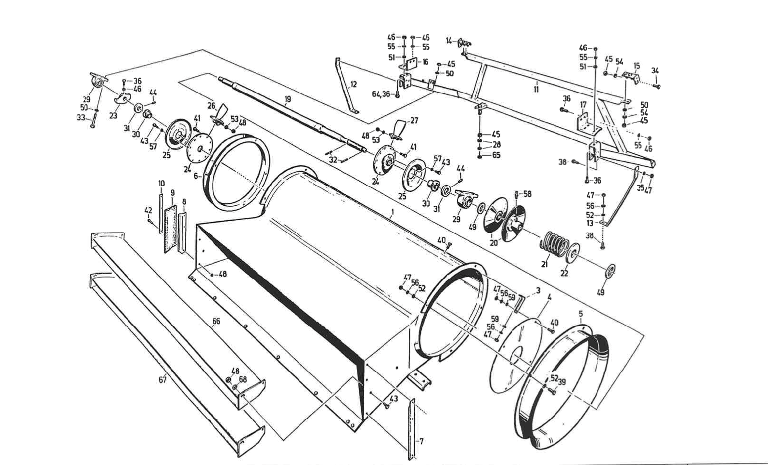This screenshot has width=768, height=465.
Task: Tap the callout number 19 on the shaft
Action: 288,99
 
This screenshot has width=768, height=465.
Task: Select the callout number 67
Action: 162,379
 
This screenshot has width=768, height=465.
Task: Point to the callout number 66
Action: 216,322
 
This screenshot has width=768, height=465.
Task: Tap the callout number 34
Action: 655,70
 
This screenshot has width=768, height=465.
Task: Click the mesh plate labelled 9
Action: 171,228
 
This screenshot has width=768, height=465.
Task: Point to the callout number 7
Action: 421,441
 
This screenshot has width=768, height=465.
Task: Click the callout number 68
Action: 243,379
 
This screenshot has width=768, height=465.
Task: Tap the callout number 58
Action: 527,194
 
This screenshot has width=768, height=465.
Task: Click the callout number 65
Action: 496,155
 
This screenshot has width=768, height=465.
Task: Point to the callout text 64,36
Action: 381,94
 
